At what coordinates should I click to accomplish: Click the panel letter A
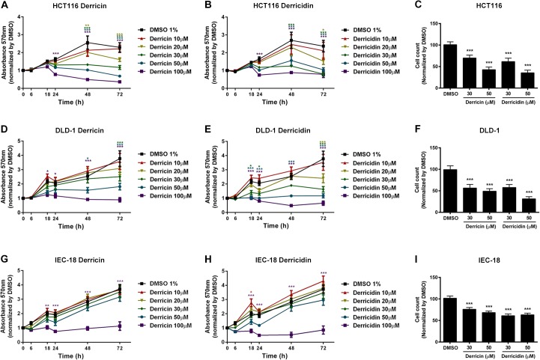[x=5, y=6]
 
